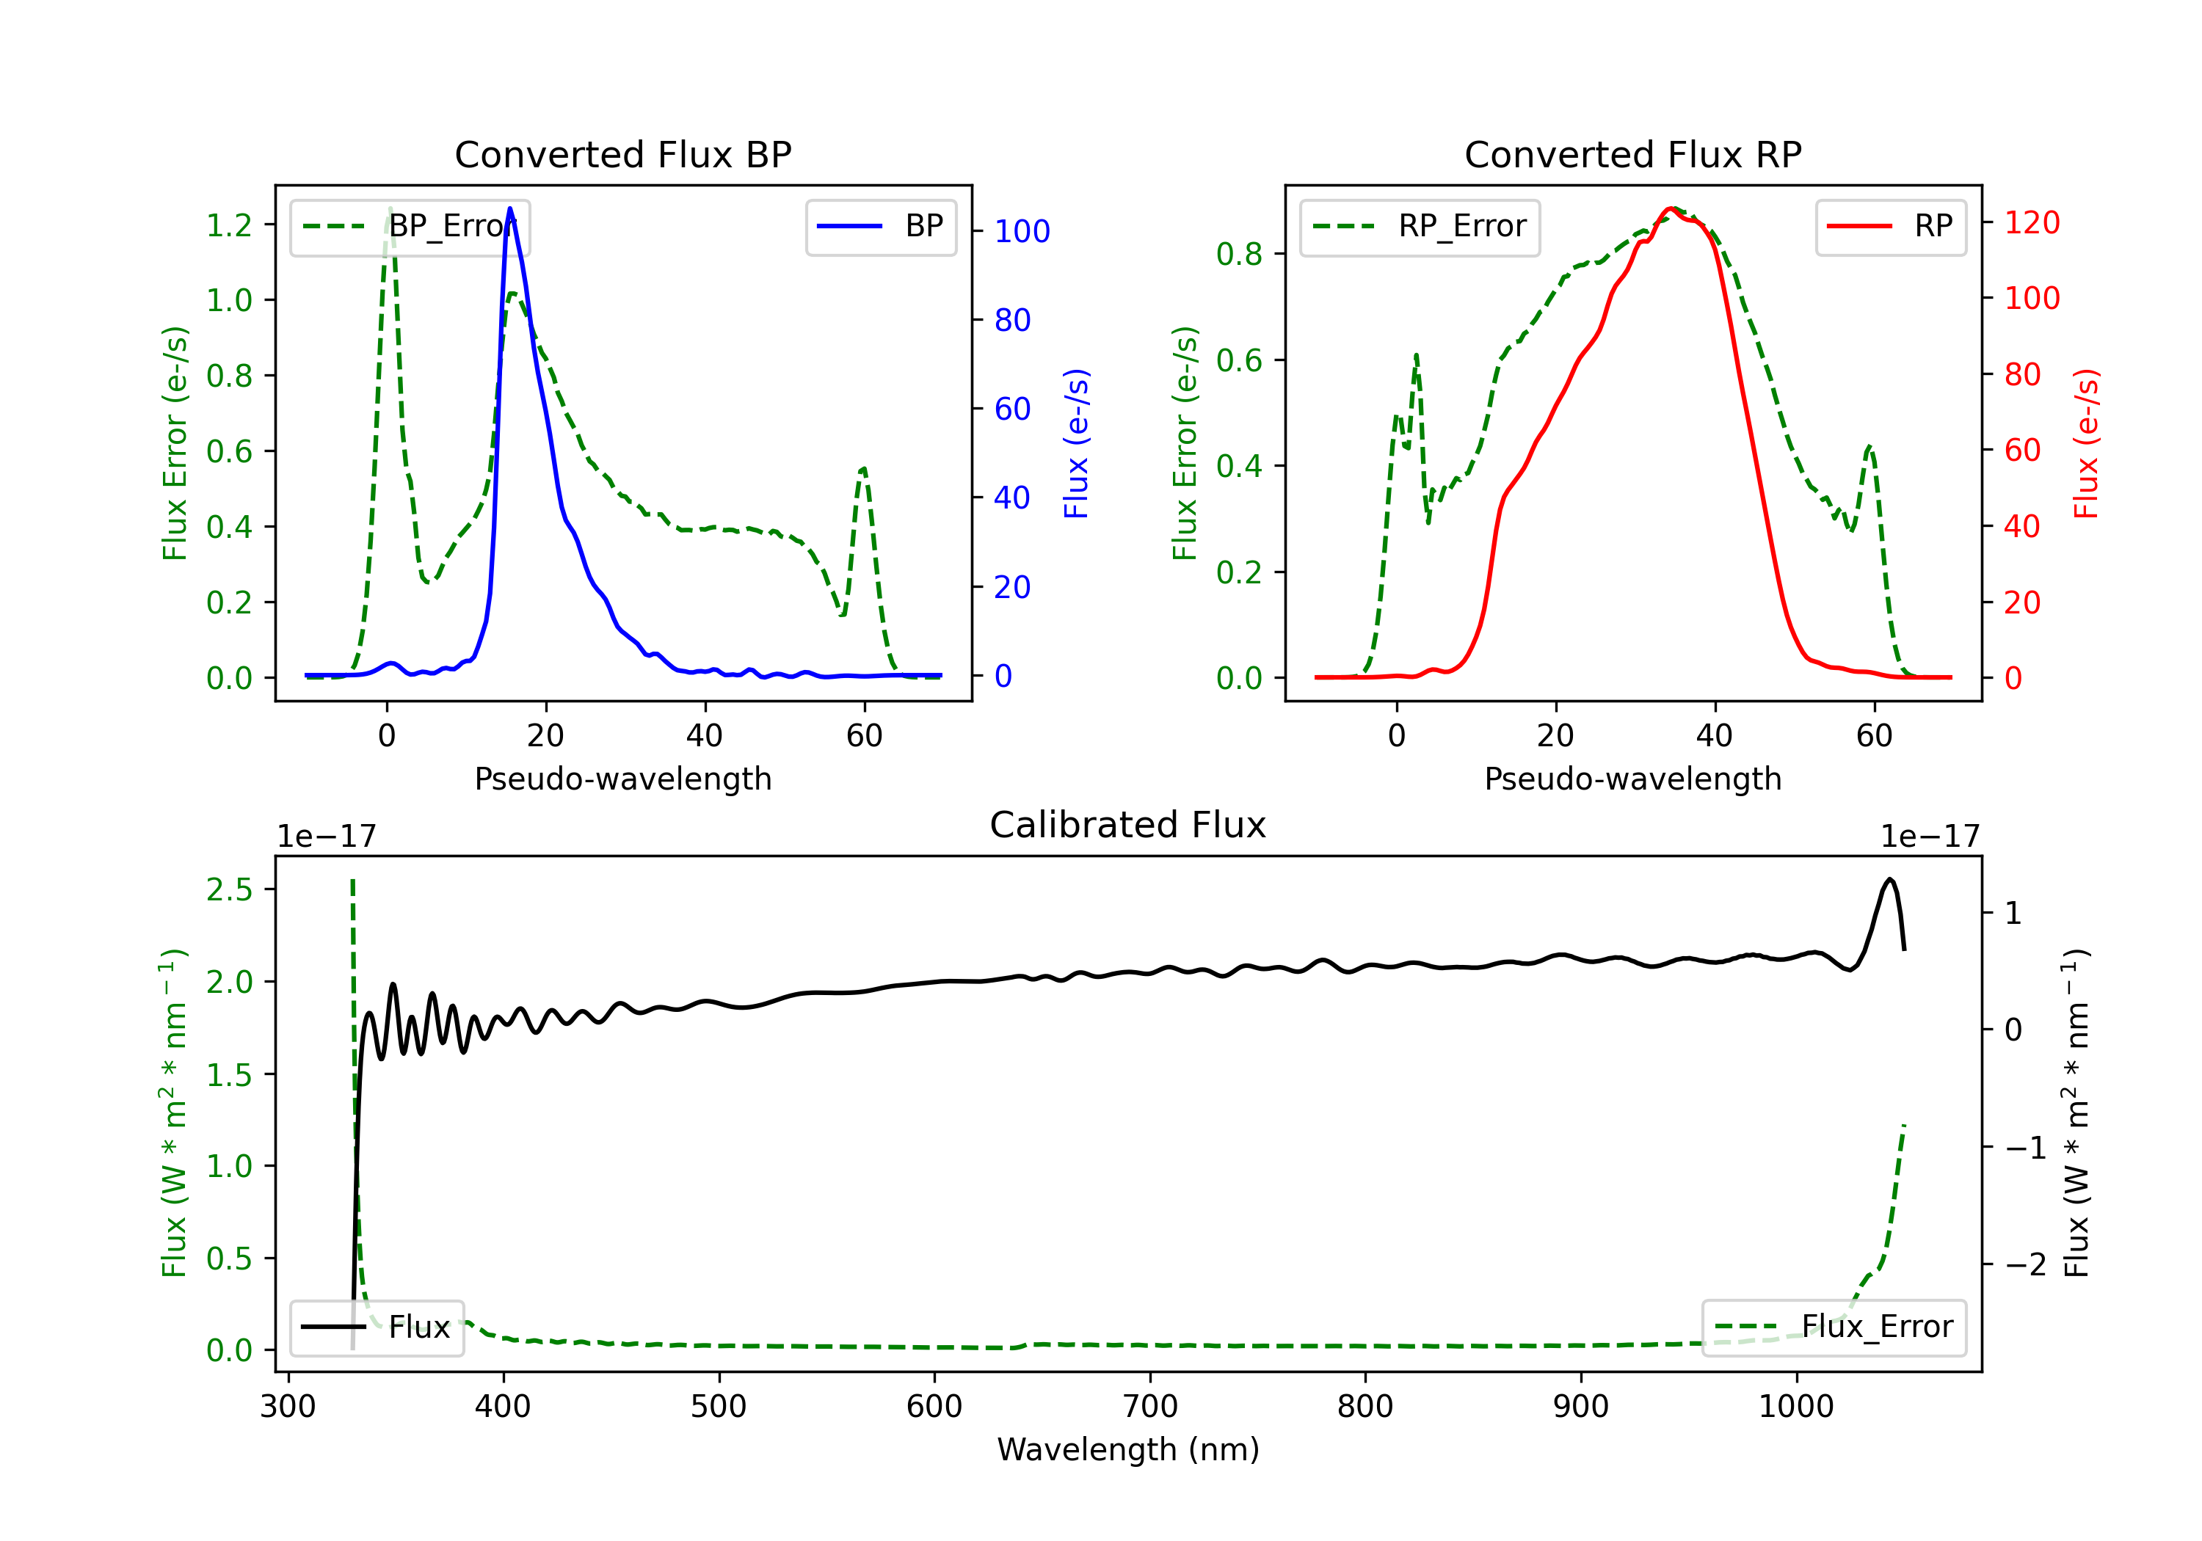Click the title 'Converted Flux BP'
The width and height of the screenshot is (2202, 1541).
(622, 154)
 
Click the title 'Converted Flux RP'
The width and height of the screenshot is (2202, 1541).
(1632, 154)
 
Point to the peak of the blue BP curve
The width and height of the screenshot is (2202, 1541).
(509, 208)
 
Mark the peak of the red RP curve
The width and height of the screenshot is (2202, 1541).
(1671, 208)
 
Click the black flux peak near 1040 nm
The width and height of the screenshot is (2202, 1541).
(1889, 879)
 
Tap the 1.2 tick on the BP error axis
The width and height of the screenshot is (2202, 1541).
(229, 225)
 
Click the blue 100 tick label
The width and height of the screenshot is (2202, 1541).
(1022, 231)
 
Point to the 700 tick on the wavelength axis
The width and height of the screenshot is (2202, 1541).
(1150, 1407)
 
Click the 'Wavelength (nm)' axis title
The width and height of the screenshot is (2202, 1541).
(1128, 1450)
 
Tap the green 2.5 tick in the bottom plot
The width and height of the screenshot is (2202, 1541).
(229, 890)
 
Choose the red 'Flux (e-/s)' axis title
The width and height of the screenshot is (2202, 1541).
(2087, 443)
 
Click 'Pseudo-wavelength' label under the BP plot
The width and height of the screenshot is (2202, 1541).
(622, 779)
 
